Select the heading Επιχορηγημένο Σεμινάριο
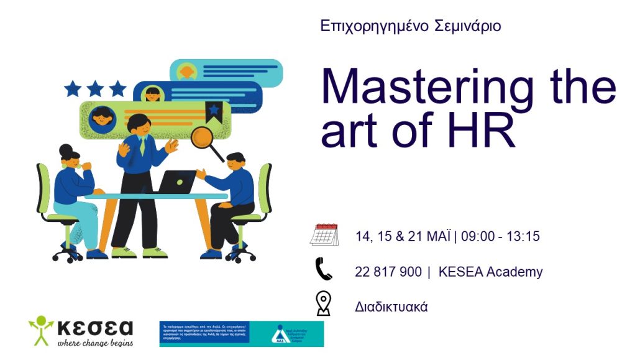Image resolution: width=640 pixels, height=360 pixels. (411, 26)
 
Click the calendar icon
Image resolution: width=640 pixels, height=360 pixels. (324, 235)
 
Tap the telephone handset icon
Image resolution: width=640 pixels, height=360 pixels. (324, 270)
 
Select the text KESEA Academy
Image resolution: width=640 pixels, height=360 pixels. (490, 272)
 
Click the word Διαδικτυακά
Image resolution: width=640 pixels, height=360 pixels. (391, 307)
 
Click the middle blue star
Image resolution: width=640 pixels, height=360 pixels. (95, 89)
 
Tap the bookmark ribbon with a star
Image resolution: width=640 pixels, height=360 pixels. (214, 111)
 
